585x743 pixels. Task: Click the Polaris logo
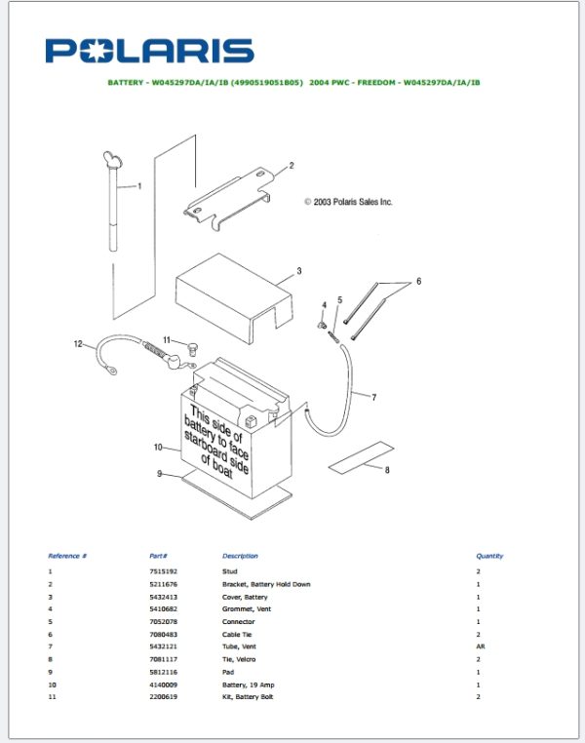pos(148,52)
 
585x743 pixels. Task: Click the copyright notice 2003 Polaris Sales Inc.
pos(348,202)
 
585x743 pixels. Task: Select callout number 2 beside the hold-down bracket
pos(291,166)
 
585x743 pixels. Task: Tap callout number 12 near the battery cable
pos(78,343)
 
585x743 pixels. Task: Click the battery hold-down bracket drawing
pos(229,202)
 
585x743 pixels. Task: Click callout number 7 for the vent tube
pos(372,397)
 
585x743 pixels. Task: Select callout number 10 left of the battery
pos(157,447)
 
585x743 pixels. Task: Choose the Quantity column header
pos(489,556)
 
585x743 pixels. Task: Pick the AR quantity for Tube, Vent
pos(480,646)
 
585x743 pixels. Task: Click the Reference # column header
pos(67,556)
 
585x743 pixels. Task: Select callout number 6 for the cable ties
pos(418,281)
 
